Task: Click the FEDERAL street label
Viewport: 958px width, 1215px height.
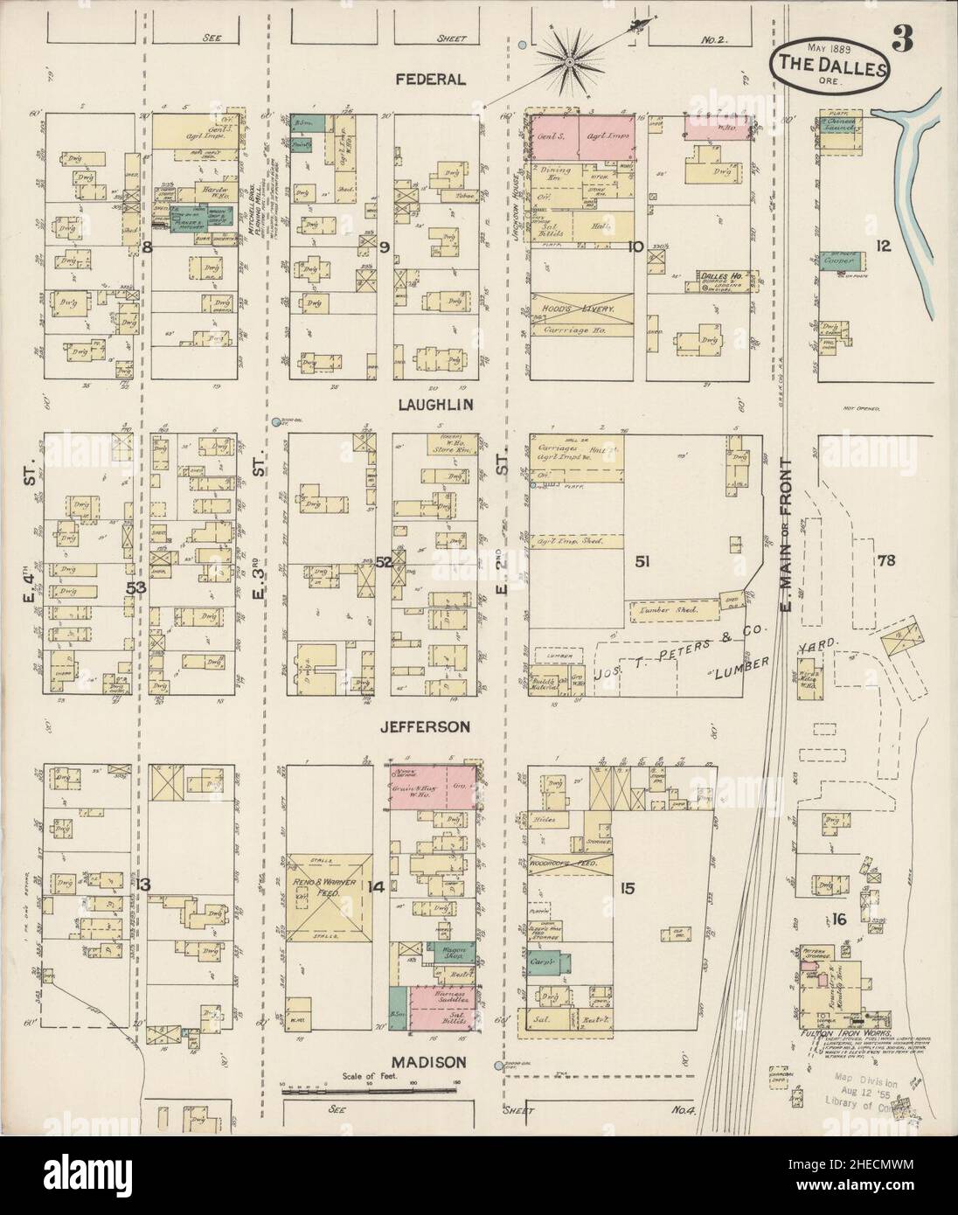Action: click(429, 80)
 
